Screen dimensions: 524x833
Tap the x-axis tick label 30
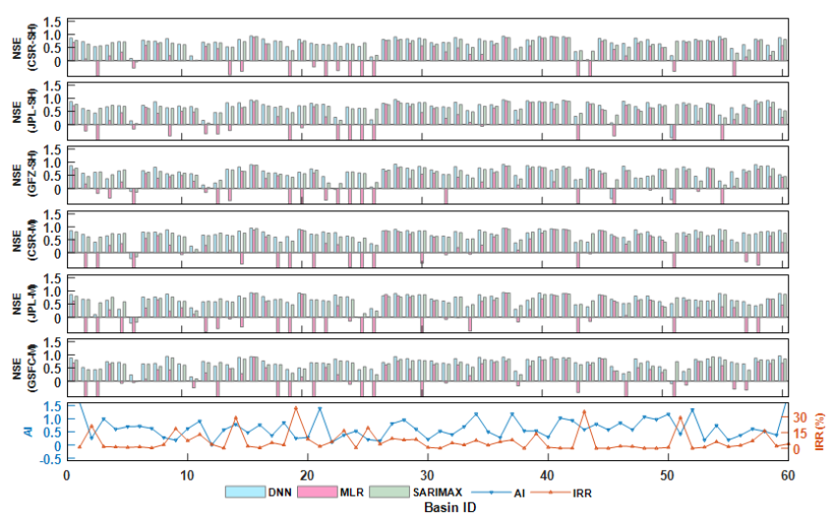[427, 474]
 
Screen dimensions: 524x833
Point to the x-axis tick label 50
[668, 474]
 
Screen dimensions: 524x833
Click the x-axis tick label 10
[187, 474]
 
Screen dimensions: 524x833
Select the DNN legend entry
[264, 492]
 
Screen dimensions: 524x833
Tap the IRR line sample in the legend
[565, 492]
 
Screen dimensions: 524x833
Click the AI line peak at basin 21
[319, 409]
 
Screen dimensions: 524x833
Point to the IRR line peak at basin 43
[584, 411]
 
